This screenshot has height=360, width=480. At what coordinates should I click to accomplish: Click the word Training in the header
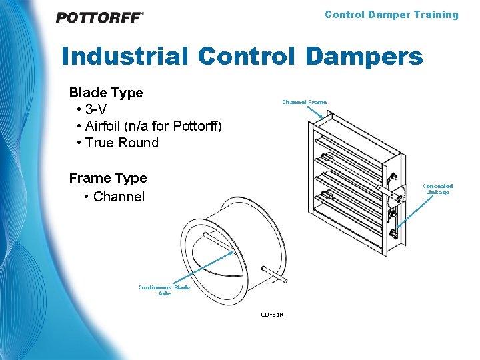click(435, 15)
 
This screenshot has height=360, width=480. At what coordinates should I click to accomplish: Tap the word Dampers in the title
click(364, 56)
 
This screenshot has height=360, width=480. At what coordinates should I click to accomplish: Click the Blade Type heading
click(106, 93)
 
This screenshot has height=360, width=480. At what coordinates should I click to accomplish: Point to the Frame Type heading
click(108, 178)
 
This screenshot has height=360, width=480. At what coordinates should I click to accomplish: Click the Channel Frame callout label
click(304, 102)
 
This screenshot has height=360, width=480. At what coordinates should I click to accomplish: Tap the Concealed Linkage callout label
click(438, 189)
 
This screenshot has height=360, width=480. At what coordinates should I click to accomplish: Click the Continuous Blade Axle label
click(164, 290)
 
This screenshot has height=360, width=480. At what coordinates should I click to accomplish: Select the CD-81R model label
click(272, 314)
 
